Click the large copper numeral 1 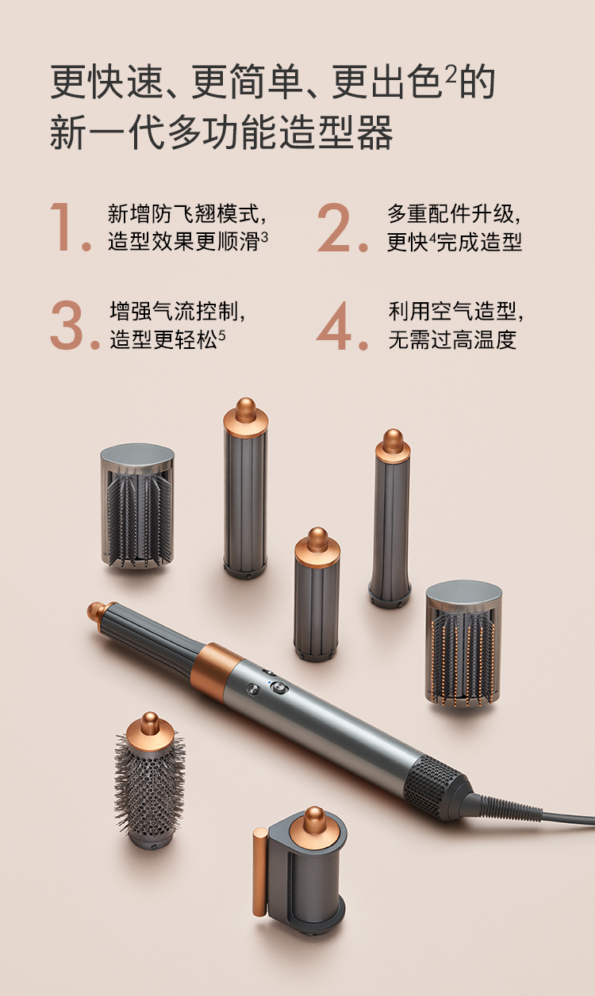pos(62,227)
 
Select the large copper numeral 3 pos(67,324)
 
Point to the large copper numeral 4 pos(334,325)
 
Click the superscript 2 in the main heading pos(451,75)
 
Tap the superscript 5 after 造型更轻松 pos(222,335)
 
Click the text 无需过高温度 pos(452,339)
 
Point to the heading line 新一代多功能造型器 pos(221,132)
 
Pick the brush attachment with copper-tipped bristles pos(463,644)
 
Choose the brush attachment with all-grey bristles pos(137,506)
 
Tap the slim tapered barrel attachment pos(390,519)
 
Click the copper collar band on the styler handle pos(217,672)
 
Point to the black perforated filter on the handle pos(435,784)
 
